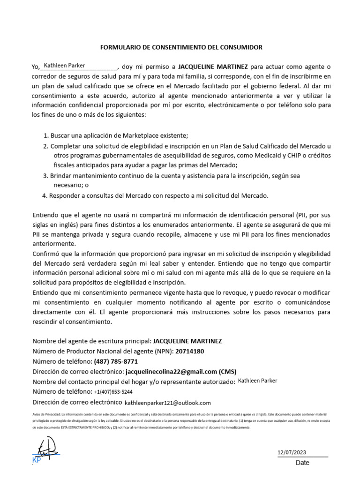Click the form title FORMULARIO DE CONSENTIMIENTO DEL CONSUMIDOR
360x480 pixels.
coord(182,47)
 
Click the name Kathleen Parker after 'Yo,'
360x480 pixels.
coord(64,66)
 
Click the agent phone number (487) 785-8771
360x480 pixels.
coord(116,361)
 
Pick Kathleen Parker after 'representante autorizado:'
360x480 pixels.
coord(257,381)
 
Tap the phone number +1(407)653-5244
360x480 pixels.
coord(113,392)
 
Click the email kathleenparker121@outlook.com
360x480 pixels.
coord(168,403)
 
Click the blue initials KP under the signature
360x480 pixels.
coord(37,460)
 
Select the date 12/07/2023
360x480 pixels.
coord(292,452)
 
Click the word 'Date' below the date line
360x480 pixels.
coord(302,463)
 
